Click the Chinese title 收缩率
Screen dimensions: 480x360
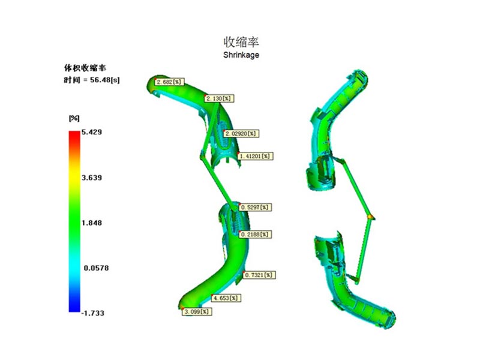click(x=241, y=42)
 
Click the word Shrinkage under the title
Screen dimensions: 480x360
click(x=241, y=55)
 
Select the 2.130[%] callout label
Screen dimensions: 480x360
click(x=219, y=98)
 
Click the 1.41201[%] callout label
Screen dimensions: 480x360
click(x=256, y=157)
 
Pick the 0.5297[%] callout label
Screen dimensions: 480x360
click(x=255, y=207)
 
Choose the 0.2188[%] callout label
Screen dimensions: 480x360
click(x=255, y=235)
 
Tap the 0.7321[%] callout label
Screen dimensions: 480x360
click(x=259, y=275)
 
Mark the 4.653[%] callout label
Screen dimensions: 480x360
click(x=226, y=298)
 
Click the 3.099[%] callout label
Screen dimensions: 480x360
click(x=197, y=312)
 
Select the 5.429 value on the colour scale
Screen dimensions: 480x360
click(x=92, y=132)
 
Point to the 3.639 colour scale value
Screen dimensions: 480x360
click(x=92, y=178)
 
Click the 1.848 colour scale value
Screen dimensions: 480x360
click(x=92, y=223)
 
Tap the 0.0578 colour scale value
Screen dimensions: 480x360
click(x=96, y=268)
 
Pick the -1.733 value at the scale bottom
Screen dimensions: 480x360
click(x=93, y=313)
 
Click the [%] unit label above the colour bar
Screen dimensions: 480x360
click(x=74, y=118)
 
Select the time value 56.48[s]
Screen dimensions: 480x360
click(x=105, y=80)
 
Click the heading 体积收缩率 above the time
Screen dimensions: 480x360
click(x=85, y=68)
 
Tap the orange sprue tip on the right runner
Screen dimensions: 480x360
click(x=371, y=217)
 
